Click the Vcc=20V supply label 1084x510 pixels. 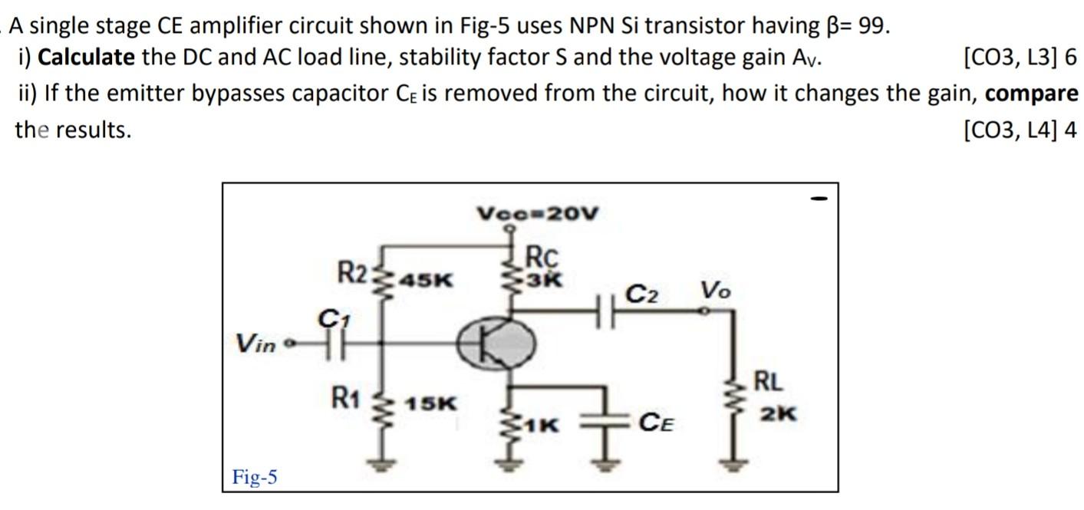537,212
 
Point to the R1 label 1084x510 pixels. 345,397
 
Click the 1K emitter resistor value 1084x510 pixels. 543,423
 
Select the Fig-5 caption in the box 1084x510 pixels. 255,478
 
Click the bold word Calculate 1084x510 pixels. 86,57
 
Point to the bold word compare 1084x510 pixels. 1031,94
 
